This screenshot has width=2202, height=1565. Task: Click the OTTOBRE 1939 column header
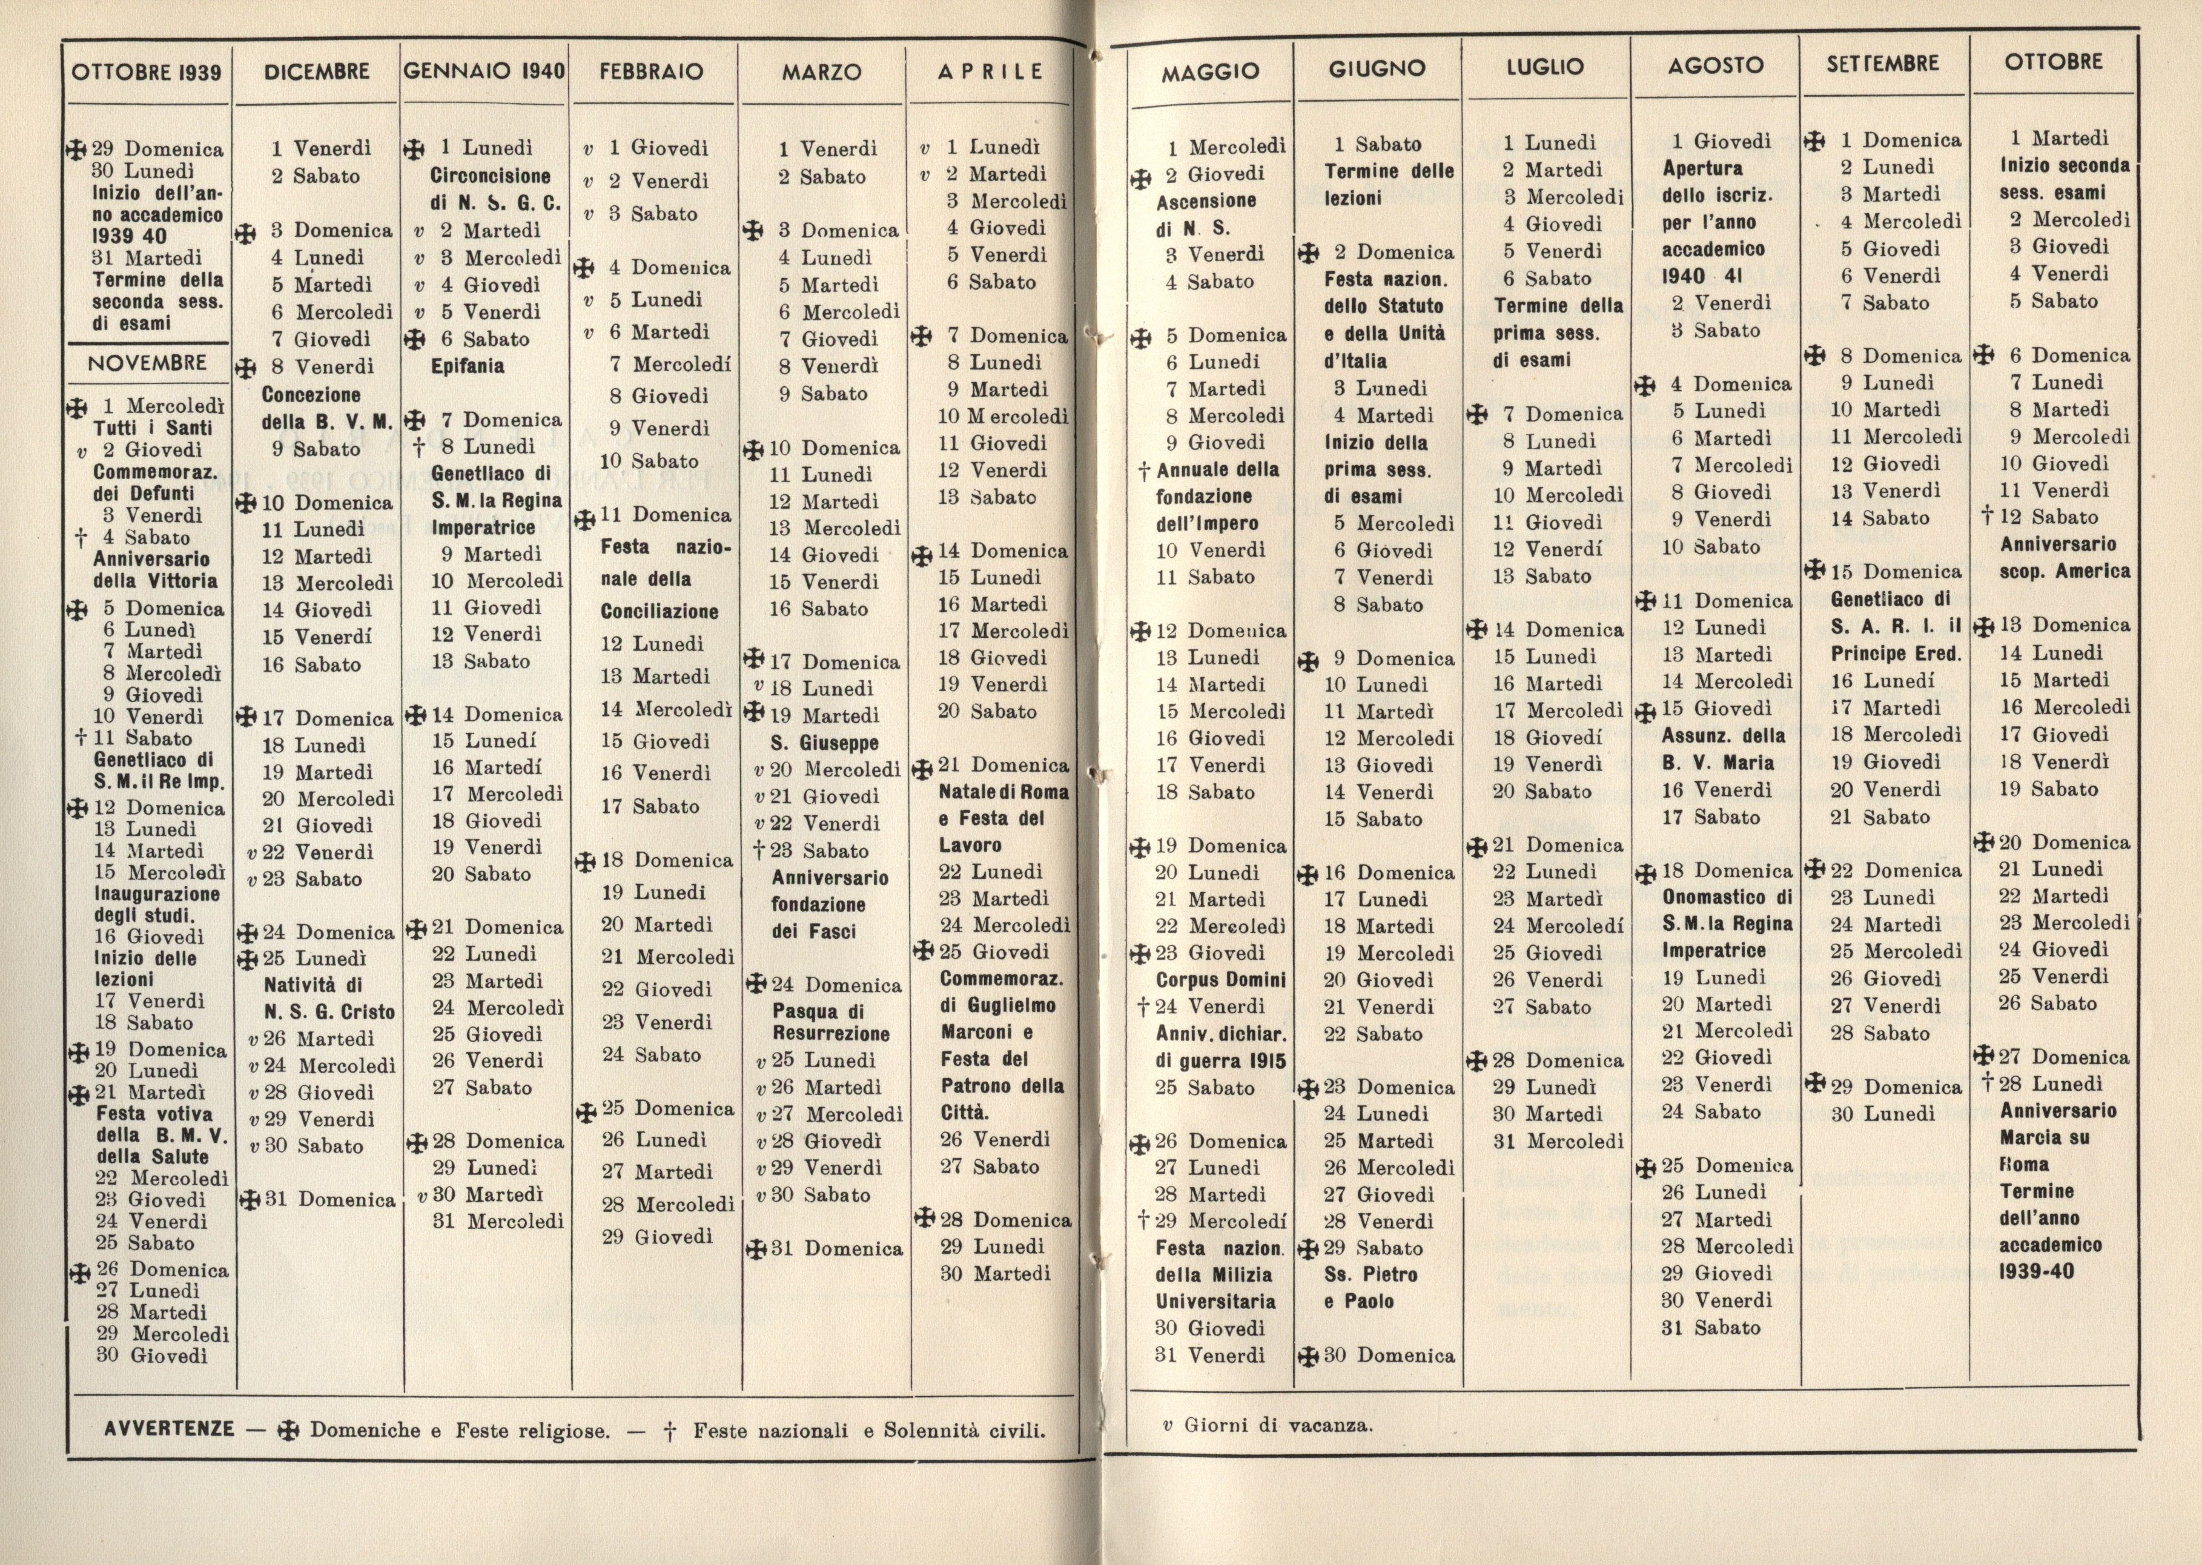(147, 72)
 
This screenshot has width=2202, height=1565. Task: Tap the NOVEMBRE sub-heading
(147, 363)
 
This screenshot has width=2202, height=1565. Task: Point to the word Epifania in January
(468, 366)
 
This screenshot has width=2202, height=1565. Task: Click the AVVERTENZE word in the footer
(168, 1429)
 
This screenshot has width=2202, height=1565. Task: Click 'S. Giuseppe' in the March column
(824, 743)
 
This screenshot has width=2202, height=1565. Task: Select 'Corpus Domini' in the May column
(1221, 980)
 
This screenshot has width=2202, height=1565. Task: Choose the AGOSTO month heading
(1715, 65)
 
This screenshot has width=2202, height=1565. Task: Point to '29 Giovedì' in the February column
(657, 1236)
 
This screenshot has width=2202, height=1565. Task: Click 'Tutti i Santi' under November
(152, 428)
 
